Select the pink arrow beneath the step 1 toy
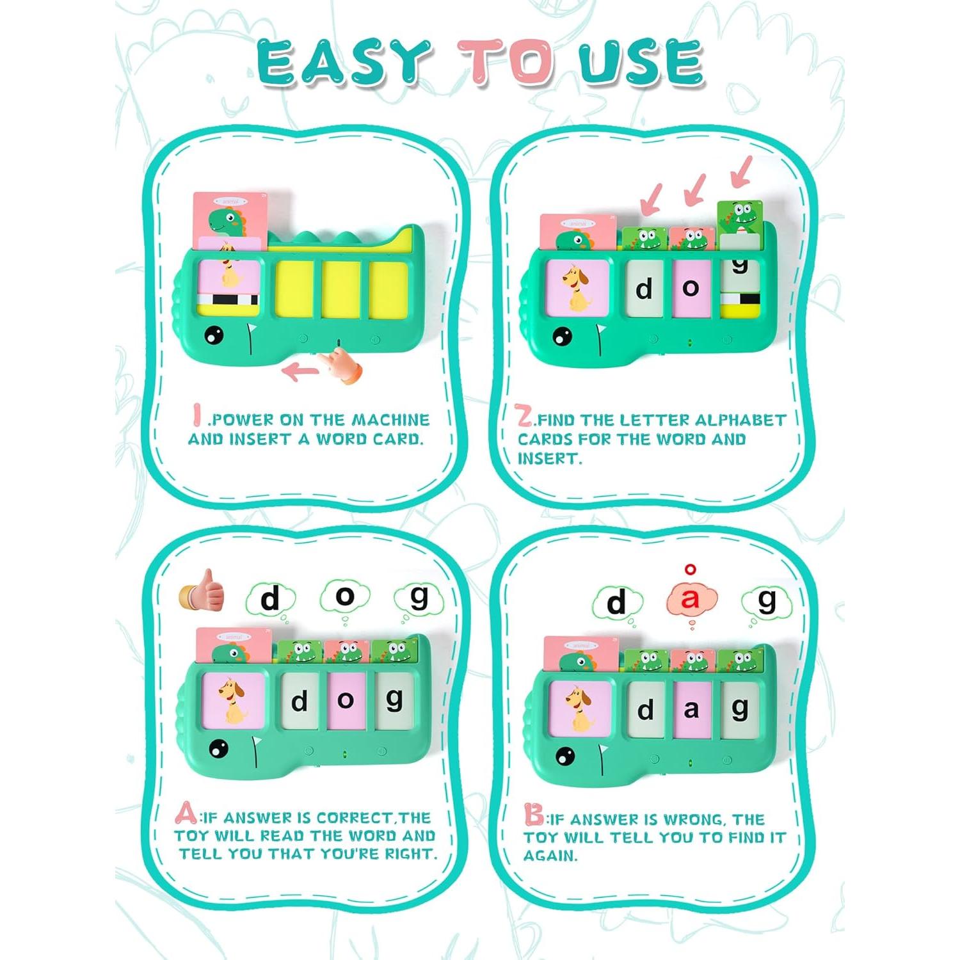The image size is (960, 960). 301,370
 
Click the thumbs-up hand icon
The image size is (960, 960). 203,590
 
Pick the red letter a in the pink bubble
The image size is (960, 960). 690,599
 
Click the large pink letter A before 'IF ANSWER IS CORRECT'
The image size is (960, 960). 186,814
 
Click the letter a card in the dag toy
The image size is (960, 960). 691,710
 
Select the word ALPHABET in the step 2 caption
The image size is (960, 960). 740,420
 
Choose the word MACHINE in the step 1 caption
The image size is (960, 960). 391,420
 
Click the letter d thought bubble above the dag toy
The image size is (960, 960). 616,603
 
